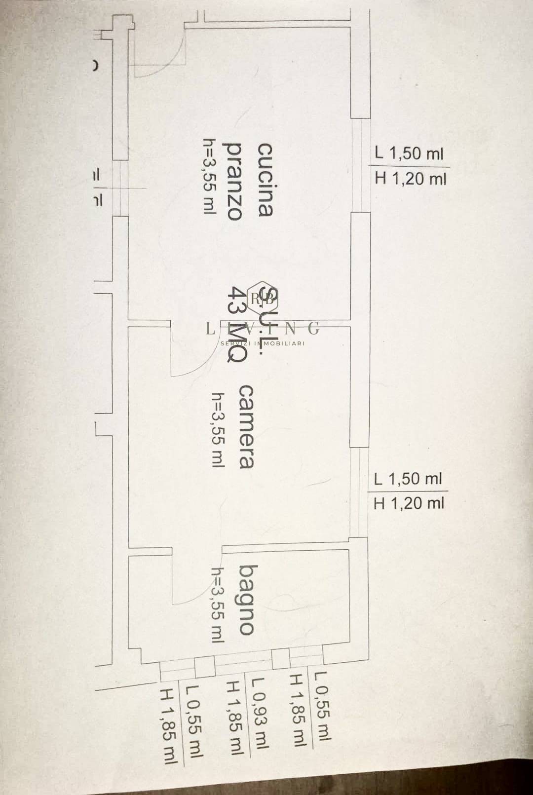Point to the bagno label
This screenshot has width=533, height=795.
[246, 599]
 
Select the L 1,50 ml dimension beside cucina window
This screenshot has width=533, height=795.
[409, 153]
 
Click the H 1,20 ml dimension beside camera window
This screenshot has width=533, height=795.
[409, 503]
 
